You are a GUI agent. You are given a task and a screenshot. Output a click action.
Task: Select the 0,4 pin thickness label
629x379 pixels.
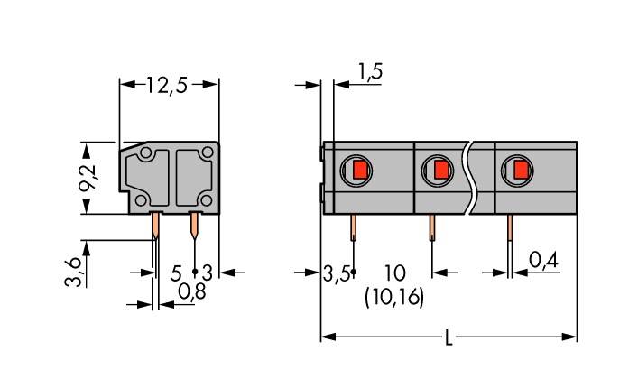click(542, 261)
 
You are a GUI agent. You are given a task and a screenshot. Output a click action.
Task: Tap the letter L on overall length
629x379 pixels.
click(449, 338)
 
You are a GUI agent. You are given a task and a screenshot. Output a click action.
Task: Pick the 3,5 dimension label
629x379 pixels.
click(336, 273)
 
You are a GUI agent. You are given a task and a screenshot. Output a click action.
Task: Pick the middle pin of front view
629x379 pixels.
click(432, 229)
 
